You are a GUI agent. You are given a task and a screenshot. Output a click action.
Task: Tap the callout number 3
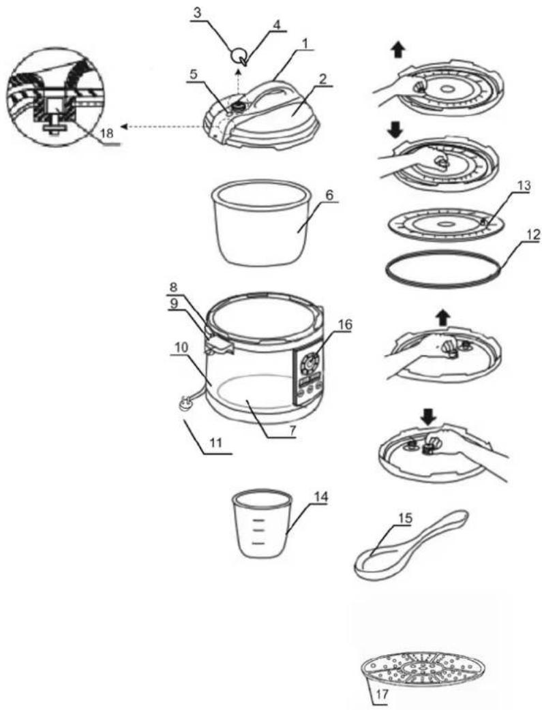click(x=196, y=13)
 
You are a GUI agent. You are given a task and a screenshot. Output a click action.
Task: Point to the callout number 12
click(x=533, y=235)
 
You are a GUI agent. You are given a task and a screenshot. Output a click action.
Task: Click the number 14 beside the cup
click(x=321, y=496)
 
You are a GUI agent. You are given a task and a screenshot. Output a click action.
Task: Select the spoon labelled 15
click(x=410, y=543)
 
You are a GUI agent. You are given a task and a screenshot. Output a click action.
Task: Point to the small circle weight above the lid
click(x=238, y=56)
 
